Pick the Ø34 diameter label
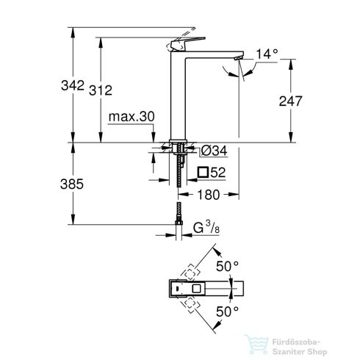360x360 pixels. [x=213, y=151]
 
